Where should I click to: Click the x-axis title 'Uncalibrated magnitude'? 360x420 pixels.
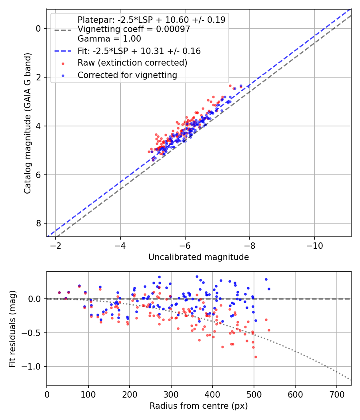point(198,257)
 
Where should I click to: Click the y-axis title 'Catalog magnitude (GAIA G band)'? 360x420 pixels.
point(27,123)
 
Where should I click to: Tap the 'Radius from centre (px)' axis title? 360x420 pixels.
point(198,406)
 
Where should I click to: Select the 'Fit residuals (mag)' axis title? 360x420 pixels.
point(12,329)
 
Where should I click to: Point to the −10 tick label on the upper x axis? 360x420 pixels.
point(314,246)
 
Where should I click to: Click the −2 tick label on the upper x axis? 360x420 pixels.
point(56,246)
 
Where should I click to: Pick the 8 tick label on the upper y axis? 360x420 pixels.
point(38,223)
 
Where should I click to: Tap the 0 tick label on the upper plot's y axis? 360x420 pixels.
point(38,28)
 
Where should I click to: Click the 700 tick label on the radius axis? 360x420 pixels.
point(336,394)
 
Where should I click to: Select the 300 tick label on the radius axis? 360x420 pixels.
point(171,394)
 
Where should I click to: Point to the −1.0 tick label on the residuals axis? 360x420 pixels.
point(31,366)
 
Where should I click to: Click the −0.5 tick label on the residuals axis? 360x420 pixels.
point(31,333)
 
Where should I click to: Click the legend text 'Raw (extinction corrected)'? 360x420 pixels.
point(132,63)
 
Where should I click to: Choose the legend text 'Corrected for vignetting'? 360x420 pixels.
point(127,75)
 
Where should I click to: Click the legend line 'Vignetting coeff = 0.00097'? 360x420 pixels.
point(134,29)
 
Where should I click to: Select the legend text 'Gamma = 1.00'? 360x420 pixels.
point(109,39)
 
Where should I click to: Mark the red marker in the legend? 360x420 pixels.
point(63,64)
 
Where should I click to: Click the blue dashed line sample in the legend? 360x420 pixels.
point(63,51)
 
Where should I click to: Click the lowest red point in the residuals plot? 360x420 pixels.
point(256,357)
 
